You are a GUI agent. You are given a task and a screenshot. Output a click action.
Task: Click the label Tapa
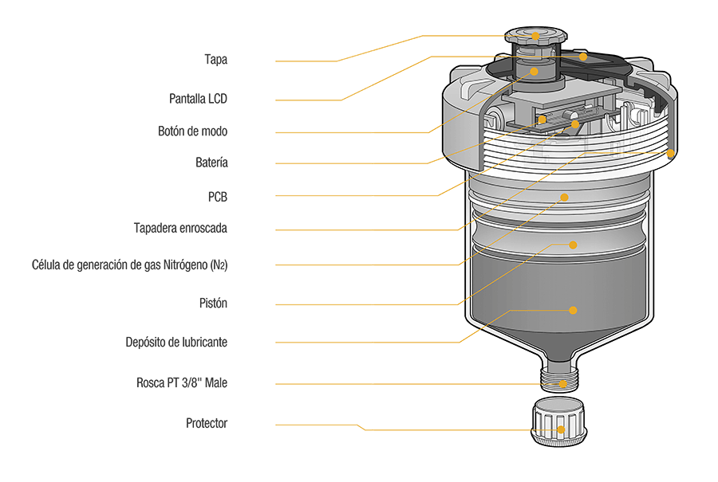point(215,60)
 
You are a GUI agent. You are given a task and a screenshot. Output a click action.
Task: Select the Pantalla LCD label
point(199,99)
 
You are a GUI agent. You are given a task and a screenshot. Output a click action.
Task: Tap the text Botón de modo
point(192,131)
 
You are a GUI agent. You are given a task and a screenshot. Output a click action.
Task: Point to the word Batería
point(211,163)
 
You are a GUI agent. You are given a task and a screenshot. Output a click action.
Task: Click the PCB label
point(217,195)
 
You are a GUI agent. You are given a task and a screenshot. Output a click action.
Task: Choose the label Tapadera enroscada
point(180,228)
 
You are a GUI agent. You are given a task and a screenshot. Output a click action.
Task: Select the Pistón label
point(212,304)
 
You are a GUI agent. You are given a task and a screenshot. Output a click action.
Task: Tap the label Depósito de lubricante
point(176,342)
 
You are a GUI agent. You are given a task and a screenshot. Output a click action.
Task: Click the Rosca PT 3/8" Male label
point(182,383)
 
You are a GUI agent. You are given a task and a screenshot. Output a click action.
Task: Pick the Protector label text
point(207,423)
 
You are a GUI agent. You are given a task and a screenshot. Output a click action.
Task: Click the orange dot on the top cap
point(535,36)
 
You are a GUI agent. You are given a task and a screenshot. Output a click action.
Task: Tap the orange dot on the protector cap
point(561,429)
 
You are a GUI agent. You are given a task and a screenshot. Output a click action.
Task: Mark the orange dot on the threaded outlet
point(563,384)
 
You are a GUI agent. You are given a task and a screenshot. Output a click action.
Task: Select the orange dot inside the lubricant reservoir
point(573,308)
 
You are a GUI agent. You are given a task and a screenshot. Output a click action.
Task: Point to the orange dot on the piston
point(572,245)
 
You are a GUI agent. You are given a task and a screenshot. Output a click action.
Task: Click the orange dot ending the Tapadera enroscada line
point(670,152)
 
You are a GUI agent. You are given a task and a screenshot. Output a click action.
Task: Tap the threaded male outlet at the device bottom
point(563,376)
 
